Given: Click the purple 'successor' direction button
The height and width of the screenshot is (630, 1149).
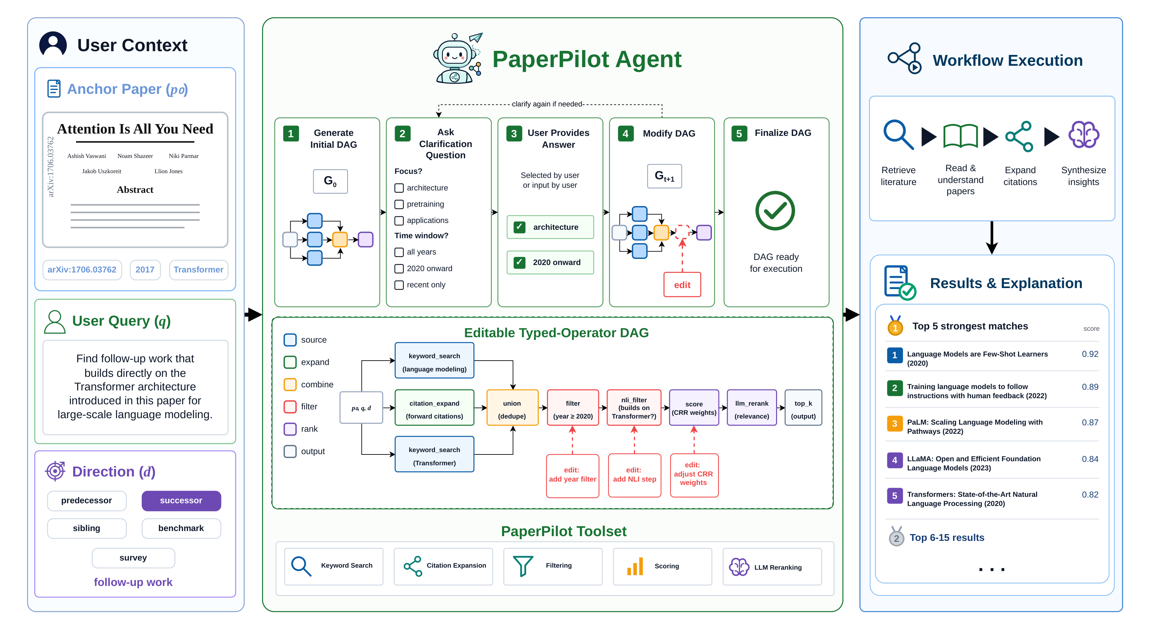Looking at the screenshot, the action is click(181, 501).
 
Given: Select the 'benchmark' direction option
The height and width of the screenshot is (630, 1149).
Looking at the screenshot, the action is click(181, 528).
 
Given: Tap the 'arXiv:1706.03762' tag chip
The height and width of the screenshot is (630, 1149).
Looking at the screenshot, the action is click(82, 270).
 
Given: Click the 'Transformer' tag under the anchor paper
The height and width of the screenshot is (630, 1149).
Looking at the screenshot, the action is click(198, 270).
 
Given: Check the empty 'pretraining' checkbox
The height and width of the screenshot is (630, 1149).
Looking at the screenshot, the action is click(399, 204).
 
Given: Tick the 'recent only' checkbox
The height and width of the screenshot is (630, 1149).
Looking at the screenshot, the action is click(399, 285).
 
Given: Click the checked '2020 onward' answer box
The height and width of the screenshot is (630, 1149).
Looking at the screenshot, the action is click(550, 262).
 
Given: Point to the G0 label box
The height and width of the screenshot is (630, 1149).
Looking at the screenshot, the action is click(330, 181).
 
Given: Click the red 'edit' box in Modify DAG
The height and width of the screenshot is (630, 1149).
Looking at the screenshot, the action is click(682, 284).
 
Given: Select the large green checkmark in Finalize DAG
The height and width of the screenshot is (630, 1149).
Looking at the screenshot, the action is click(775, 211).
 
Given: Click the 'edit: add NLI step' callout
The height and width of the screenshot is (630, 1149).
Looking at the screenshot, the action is click(635, 475).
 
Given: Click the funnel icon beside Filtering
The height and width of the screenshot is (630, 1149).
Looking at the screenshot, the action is click(523, 566).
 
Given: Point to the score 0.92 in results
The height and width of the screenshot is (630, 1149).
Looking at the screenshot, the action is click(1090, 354).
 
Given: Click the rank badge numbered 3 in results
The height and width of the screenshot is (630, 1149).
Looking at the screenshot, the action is click(895, 424).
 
